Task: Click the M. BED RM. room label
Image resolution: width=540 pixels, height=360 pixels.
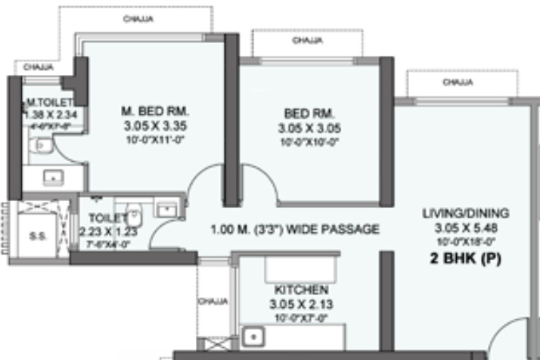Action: (x=154, y=112)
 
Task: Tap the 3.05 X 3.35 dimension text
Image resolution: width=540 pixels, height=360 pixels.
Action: (x=154, y=126)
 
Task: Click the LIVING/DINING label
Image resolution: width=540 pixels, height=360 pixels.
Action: (x=465, y=213)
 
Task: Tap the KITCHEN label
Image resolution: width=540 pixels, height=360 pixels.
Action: (x=301, y=290)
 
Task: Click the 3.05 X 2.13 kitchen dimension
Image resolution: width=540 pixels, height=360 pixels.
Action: (x=301, y=304)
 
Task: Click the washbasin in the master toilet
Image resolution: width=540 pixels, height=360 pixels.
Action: (x=52, y=178)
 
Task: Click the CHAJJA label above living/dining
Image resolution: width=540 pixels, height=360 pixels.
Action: (x=458, y=82)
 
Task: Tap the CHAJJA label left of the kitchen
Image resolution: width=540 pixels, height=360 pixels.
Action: (x=213, y=301)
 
